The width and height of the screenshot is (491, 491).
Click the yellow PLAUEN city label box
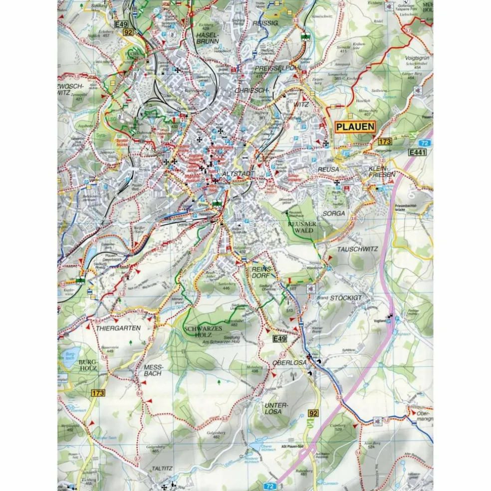355,127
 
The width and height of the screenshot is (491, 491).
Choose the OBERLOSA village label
289,363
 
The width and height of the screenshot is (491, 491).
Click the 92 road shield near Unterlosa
313,413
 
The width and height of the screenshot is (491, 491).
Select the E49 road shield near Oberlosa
280,339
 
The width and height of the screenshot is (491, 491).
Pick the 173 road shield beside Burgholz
98,393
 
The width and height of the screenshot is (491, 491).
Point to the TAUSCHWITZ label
357,248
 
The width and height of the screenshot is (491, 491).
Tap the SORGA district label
333,213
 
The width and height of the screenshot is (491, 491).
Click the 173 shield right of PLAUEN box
385,142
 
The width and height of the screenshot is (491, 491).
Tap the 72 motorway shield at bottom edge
269,485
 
